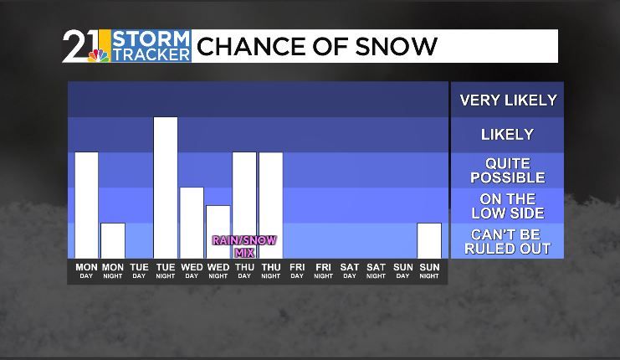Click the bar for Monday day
(86, 205)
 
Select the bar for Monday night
(113, 240)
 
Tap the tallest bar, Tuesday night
(166, 188)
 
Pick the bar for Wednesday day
(192, 223)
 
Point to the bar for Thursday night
(270, 205)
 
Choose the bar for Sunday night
(429, 240)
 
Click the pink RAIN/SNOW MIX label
(243, 245)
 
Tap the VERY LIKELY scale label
(508, 100)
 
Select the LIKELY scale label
(508, 134)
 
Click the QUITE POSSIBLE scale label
(508, 170)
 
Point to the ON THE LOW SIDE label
(508, 205)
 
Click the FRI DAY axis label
(297, 270)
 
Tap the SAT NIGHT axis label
(377, 270)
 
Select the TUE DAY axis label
(139, 270)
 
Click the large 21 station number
(81, 45)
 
